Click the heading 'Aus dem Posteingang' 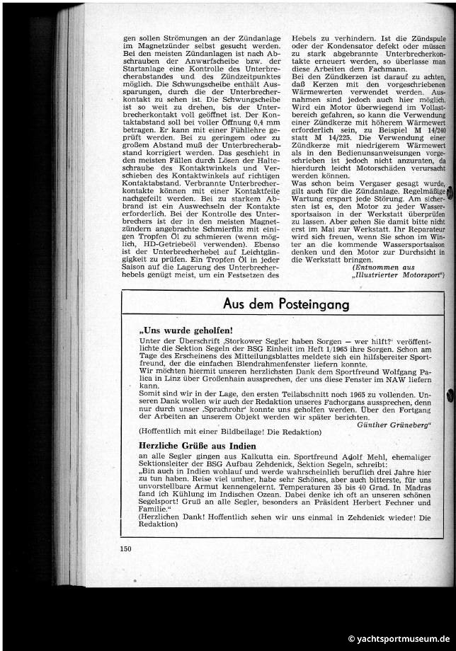point(286,304)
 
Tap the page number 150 point(126,548)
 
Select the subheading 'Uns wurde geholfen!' point(177,330)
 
